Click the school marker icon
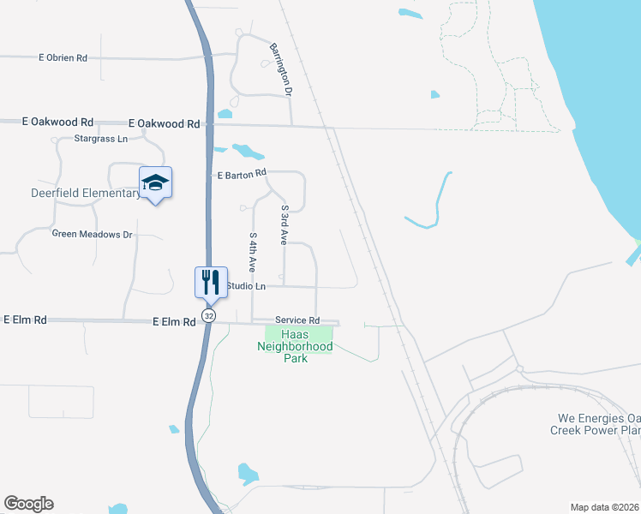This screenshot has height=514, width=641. (x=155, y=182)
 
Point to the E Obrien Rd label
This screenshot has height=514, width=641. (x=63, y=58)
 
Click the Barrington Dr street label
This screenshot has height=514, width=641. (x=282, y=69)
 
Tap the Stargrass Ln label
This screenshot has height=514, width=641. (x=100, y=138)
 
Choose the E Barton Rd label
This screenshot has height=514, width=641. (x=243, y=175)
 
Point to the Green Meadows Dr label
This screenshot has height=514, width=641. (x=93, y=234)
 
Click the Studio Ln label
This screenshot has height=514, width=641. (x=245, y=285)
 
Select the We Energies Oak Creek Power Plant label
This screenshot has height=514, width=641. (x=595, y=424)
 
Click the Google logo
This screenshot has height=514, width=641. (x=28, y=504)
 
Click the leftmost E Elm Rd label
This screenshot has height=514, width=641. (x=24, y=320)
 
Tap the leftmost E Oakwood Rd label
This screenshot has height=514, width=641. (x=58, y=123)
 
